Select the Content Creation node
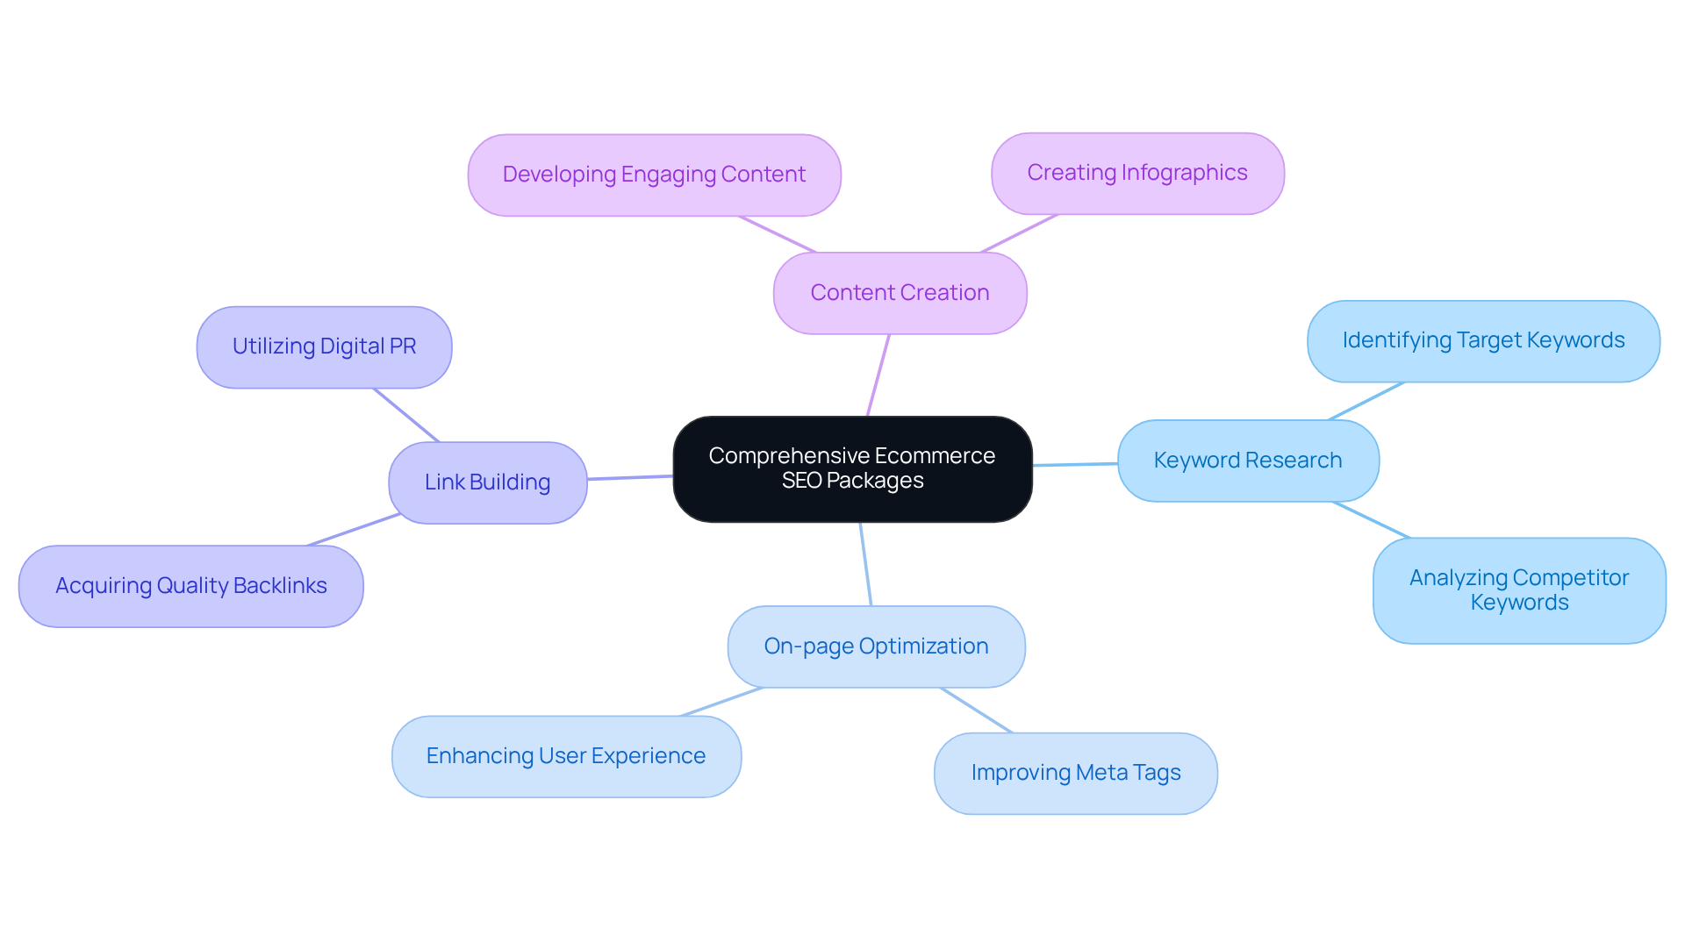click(900, 293)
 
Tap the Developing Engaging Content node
click(654, 175)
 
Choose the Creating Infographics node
click(1137, 173)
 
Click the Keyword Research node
click(1247, 461)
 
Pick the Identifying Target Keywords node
click(1483, 340)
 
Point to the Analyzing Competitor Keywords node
click(1518, 590)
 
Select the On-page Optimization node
click(876, 646)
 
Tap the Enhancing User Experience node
click(566, 756)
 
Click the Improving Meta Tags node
click(1075, 773)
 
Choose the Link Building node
click(487, 482)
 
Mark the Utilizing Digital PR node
click(324, 346)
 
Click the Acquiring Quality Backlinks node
click(190, 586)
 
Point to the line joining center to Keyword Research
click(1075, 464)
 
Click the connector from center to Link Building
click(630, 477)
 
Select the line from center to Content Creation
click(878, 375)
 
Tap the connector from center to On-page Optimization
click(865, 564)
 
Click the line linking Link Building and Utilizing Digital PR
click(405, 415)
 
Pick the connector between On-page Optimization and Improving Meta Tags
click(976, 710)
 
